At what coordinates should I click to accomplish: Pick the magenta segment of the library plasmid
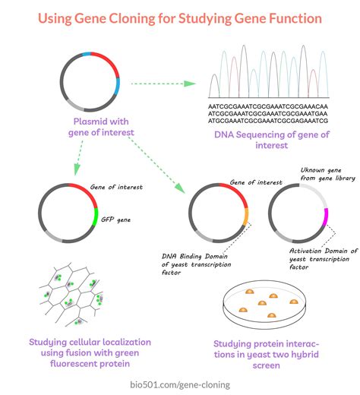[x=326, y=220]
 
